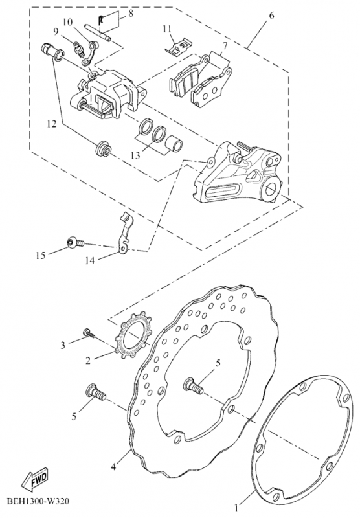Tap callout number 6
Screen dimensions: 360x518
coord(271,15)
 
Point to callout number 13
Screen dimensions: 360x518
coord(135,155)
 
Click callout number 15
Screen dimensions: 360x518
coord(41,255)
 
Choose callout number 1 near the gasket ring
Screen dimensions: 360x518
coord(236,506)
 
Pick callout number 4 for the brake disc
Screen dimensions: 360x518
coord(113,467)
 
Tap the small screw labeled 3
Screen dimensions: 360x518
coord(89,333)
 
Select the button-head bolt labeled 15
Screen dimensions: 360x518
coord(75,243)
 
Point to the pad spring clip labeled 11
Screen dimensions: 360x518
coord(178,47)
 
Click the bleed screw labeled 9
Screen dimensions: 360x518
coord(78,49)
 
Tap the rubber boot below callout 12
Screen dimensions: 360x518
coord(103,149)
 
